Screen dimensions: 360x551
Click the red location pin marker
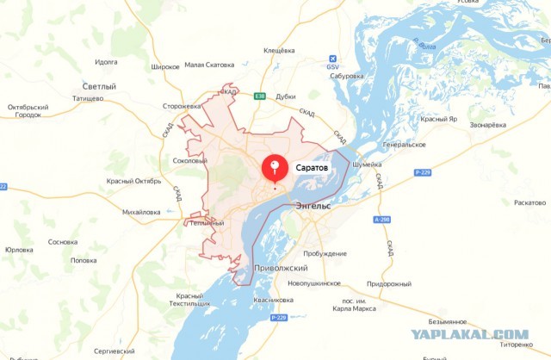click(x=275, y=166)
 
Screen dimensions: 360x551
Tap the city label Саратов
click(x=312, y=166)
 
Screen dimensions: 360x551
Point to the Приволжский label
click(x=281, y=269)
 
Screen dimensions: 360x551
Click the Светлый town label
click(x=99, y=87)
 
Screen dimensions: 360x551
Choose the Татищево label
click(x=89, y=98)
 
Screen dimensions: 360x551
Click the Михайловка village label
click(x=141, y=211)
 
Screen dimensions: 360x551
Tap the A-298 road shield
click(x=382, y=220)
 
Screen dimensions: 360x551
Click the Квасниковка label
click(x=274, y=299)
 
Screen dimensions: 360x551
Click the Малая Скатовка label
click(x=209, y=65)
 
